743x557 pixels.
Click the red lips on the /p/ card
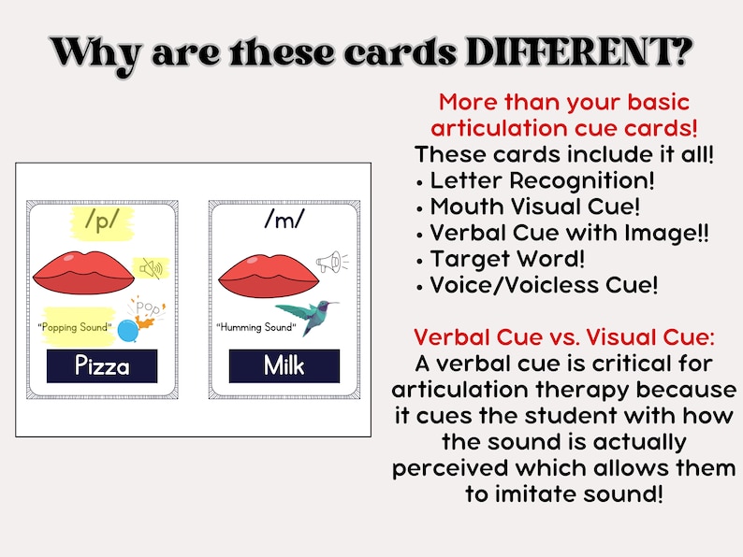(x=80, y=272)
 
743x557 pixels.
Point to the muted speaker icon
(x=151, y=269)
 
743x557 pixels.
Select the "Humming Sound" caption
(x=256, y=327)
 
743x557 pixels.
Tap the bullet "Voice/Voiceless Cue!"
(x=544, y=285)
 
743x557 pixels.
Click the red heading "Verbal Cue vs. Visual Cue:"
(x=564, y=336)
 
